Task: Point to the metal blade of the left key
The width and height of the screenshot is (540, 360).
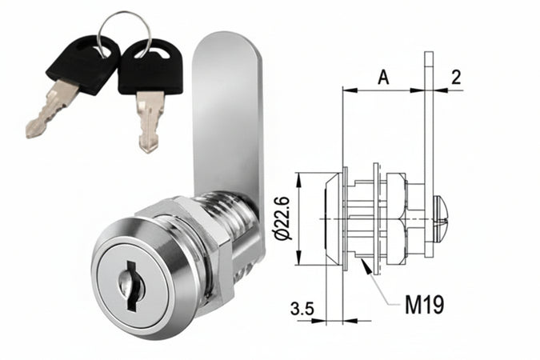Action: click(x=50, y=113)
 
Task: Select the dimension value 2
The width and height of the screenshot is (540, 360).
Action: click(x=455, y=77)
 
